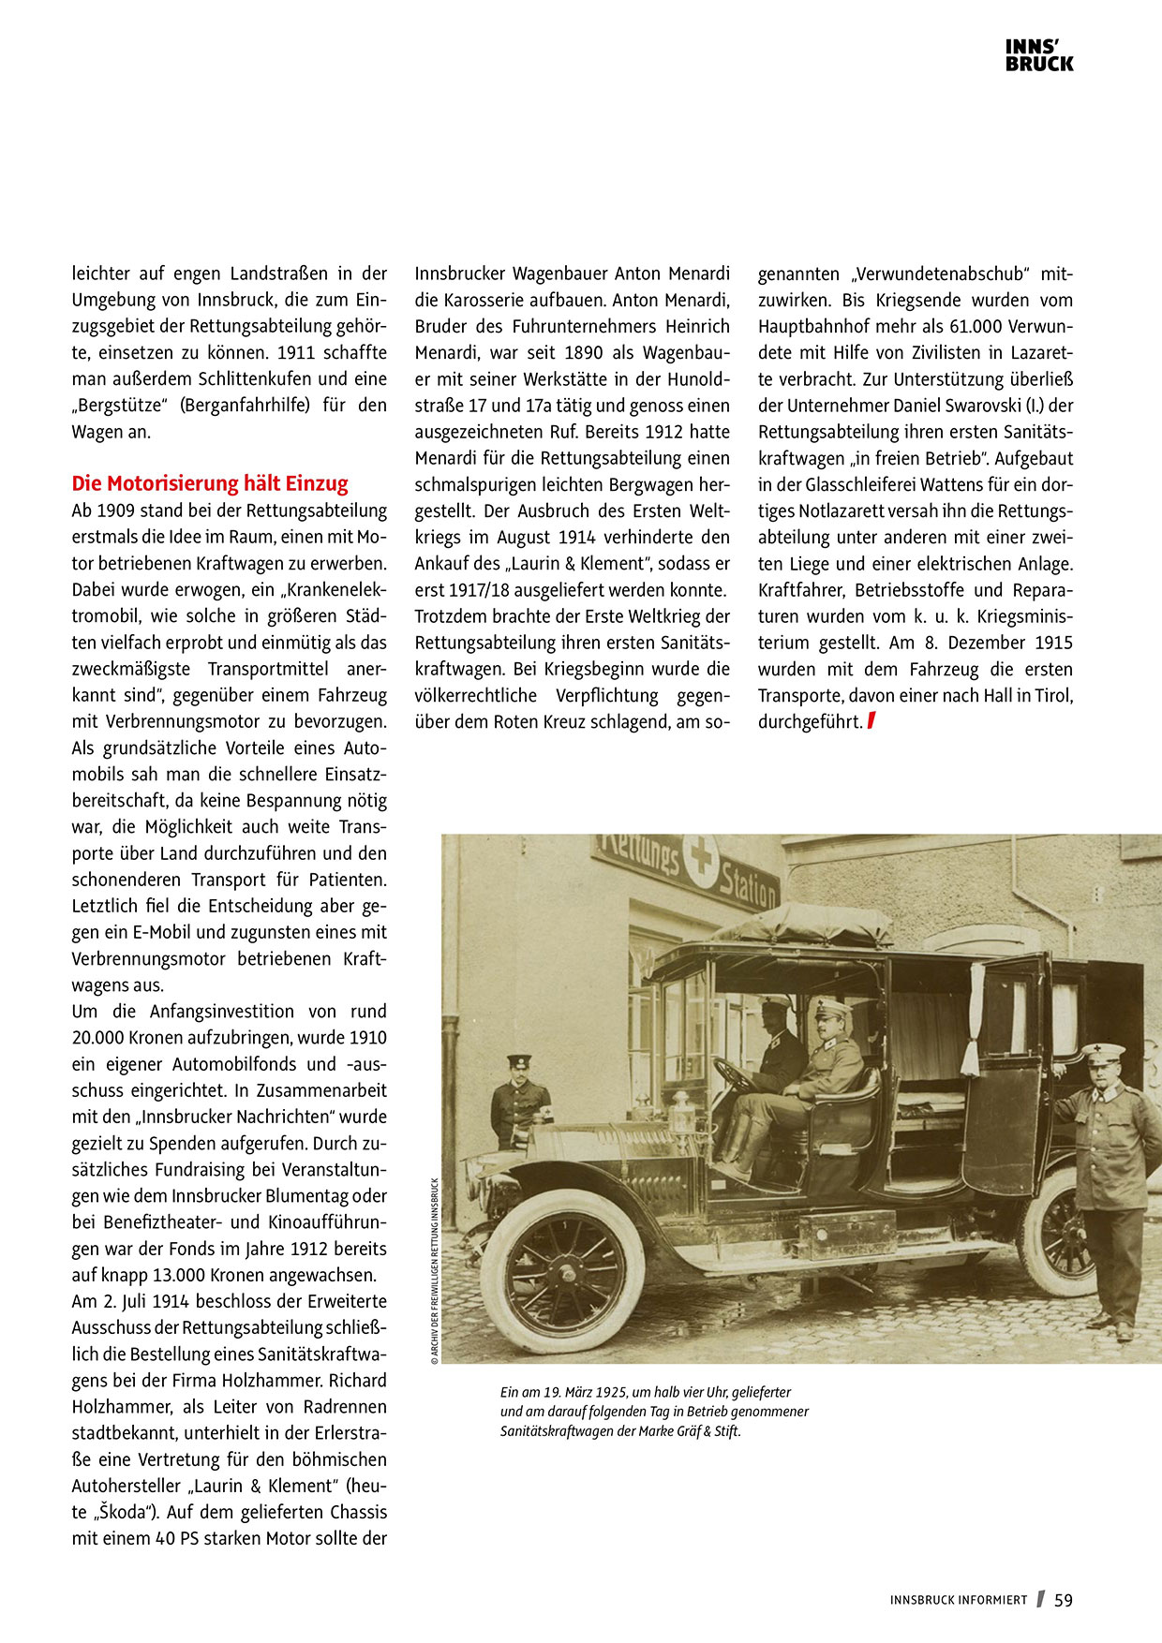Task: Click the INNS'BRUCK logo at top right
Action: pyautogui.click(x=1039, y=55)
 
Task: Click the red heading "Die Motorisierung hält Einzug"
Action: pyautogui.click(x=210, y=483)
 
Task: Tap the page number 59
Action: pyautogui.click(x=1064, y=1600)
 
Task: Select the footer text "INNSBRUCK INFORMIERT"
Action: pyautogui.click(x=959, y=1601)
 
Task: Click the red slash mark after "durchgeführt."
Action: pyautogui.click(x=871, y=721)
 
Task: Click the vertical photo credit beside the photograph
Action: pyautogui.click(x=435, y=1270)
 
